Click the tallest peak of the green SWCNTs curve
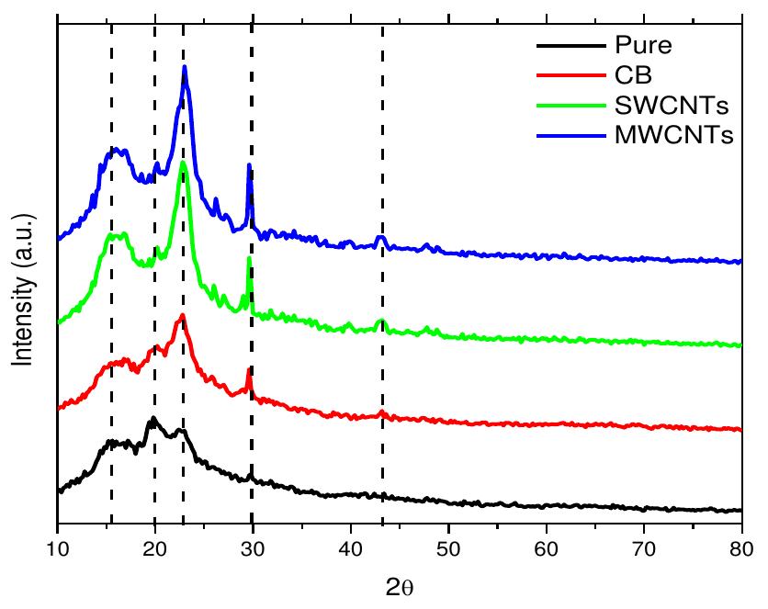pos(183,163)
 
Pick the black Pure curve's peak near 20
pos(152,418)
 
